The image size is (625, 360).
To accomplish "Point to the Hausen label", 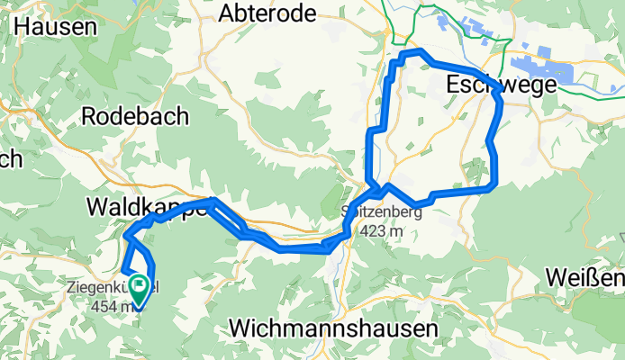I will [x=56, y=26].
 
